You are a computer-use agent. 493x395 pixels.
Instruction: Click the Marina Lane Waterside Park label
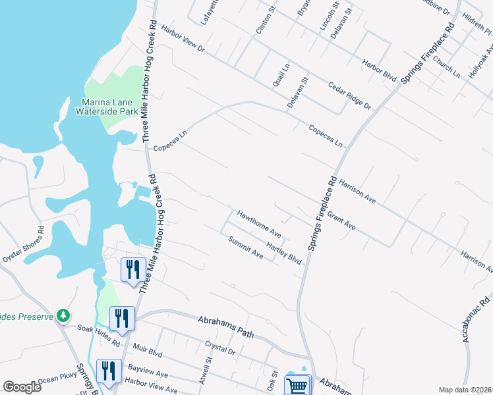click(x=110, y=107)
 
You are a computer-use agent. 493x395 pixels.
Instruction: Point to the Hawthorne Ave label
click(x=260, y=224)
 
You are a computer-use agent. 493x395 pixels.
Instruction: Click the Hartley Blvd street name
click(x=284, y=252)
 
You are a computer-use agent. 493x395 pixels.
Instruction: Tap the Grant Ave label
click(x=341, y=221)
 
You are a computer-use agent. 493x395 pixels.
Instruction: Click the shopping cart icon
click(x=297, y=385)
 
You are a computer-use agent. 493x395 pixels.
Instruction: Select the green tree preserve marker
click(x=63, y=315)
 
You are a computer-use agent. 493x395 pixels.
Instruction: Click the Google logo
click(x=22, y=386)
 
